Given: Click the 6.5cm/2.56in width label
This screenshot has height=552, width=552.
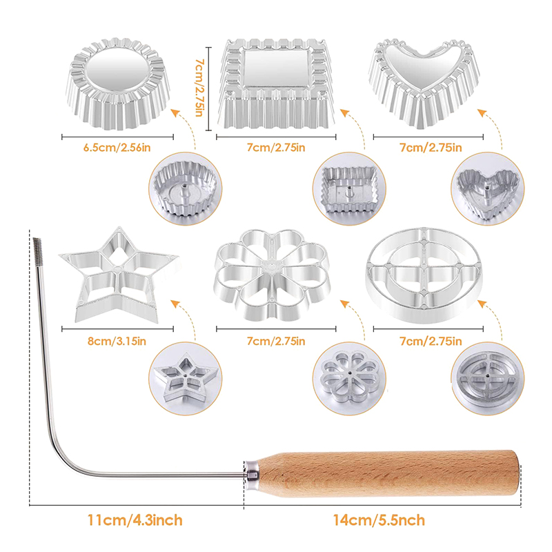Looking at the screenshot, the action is click(117, 147).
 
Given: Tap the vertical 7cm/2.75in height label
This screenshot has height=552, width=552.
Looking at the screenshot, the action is click(199, 88).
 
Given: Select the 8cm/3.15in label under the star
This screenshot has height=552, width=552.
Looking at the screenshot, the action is click(117, 341).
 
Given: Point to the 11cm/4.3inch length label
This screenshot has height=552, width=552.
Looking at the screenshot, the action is click(135, 520).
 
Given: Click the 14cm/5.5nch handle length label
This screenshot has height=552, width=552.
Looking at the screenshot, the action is click(379, 520).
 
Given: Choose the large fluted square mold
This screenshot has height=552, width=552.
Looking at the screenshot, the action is click(277, 83).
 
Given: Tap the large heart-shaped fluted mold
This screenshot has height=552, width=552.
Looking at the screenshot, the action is click(424, 83).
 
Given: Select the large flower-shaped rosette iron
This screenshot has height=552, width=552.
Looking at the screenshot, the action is click(272, 275).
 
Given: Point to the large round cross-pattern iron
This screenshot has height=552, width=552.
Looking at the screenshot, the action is click(424, 275).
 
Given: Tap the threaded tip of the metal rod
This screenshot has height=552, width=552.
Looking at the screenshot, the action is click(36, 248).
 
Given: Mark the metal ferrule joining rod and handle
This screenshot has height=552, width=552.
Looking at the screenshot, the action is click(252, 474).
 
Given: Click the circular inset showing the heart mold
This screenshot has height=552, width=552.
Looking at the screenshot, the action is click(488, 189).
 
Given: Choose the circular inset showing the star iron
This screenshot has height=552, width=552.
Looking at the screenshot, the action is click(185, 378).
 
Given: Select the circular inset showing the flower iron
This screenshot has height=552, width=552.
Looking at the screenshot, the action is click(349, 378).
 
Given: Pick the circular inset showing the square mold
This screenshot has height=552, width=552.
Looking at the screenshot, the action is click(349, 189).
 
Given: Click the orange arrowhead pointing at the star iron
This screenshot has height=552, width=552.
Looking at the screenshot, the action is click(175, 304).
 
